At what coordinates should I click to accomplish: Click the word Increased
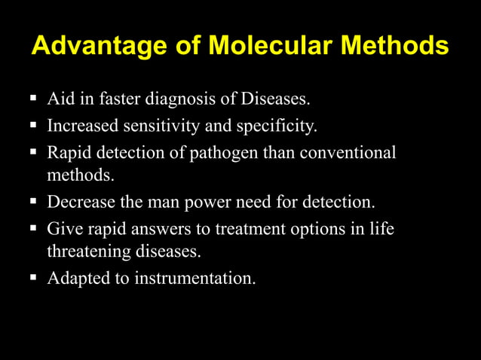click(x=81, y=125)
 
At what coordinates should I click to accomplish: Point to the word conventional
click(x=348, y=152)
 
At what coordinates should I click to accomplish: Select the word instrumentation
click(x=195, y=279)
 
